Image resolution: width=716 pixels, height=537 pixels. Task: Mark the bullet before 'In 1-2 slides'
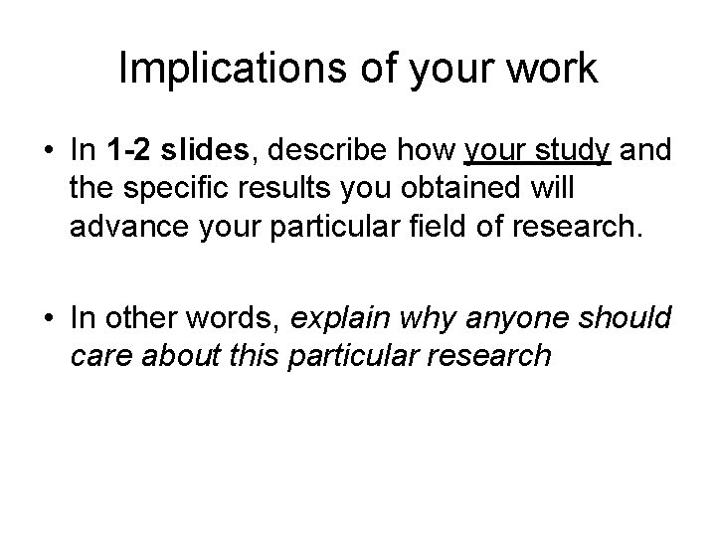[x=47, y=152]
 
